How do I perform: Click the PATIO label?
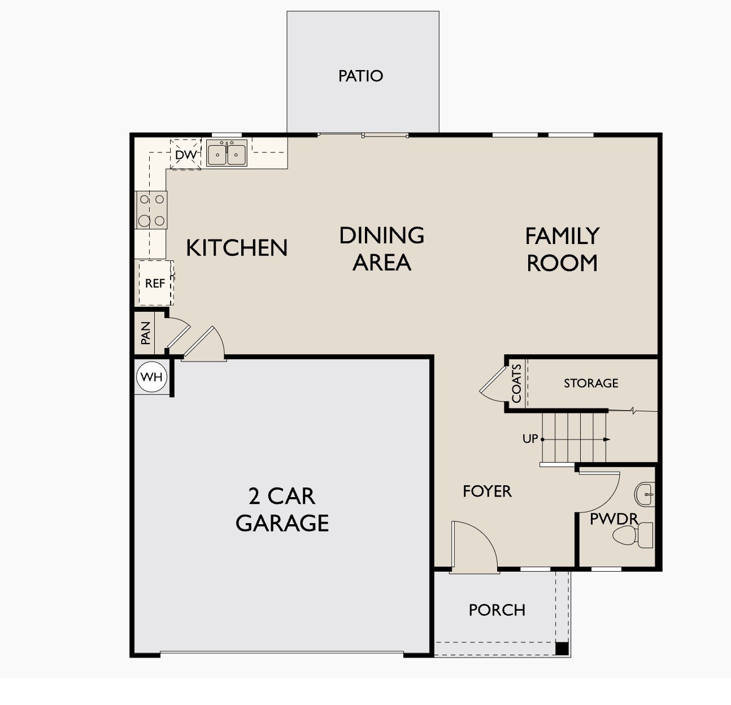coord(360,76)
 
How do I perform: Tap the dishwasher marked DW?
coord(185,154)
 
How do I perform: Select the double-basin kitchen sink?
coord(227,153)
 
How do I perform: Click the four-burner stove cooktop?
coord(151,210)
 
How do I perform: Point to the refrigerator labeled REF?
coord(155,283)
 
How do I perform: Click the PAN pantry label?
coord(145,333)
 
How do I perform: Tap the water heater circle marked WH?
coord(151,377)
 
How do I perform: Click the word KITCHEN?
coord(237,248)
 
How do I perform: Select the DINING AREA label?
coord(382,248)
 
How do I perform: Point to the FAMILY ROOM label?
coord(562,249)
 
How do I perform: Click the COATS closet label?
coord(516,383)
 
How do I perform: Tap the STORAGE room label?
coord(591,383)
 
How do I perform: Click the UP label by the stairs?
coord(530,439)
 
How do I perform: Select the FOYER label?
coord(487,491)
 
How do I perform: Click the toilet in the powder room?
coord(633,535)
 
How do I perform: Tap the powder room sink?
coord(645,494)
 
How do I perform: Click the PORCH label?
coord(497,610)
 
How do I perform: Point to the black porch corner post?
coord(562,649)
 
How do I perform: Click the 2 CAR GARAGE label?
coord(282,510)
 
